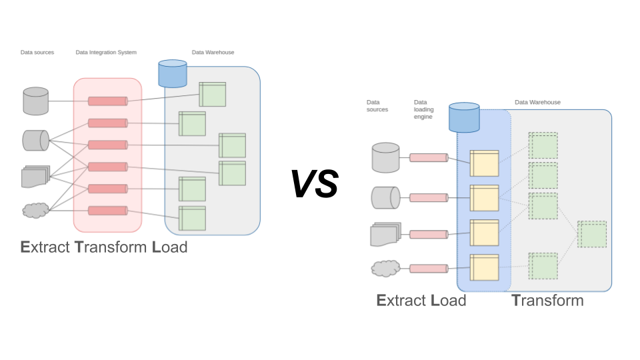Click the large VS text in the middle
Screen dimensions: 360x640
(314, 184)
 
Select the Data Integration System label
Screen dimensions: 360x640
(106, 52)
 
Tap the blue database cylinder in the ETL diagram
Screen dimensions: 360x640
(173, 73)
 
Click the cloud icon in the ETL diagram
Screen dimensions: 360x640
(35, 211)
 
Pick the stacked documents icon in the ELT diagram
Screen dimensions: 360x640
(385, 234)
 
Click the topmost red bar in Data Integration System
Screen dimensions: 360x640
(107, 101)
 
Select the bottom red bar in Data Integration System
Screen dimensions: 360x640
(107, 211)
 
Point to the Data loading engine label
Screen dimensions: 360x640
(423, 109)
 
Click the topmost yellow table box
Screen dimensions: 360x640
(484, 163)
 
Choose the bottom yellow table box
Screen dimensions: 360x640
(484, 267)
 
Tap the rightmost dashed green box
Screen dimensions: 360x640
(592, 234)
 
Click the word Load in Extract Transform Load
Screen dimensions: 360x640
(169, 247)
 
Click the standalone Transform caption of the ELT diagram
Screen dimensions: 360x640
(547, 301)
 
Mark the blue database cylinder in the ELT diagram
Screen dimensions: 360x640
(465, 117)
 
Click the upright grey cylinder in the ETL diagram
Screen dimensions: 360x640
(36, 101)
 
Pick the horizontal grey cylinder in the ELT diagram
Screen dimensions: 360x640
(385, 197)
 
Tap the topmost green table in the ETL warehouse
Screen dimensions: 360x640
(213, 94)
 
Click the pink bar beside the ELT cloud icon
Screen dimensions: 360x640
(428, 269)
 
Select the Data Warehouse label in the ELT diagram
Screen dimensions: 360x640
(537, 103)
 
